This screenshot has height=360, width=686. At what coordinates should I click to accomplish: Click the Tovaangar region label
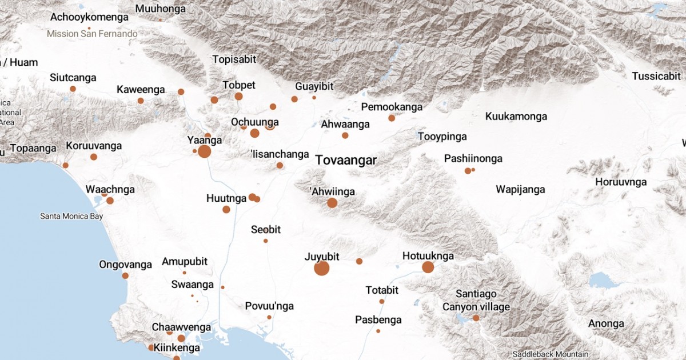346,161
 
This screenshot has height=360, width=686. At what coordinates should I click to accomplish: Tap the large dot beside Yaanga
204,151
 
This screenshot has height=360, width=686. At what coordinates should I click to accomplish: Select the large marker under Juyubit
322,268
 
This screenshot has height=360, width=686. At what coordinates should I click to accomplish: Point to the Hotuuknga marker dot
428,267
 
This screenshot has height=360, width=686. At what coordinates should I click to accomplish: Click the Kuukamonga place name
516,117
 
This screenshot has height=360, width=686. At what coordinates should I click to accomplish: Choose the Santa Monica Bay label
71,217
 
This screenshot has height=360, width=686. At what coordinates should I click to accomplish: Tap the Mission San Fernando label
92,34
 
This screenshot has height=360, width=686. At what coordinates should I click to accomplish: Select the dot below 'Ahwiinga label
332,203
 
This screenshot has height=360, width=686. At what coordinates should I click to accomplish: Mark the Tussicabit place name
656,76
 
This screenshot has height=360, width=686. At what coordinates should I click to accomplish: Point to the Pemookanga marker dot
392,118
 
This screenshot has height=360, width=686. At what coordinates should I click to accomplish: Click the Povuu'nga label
269,306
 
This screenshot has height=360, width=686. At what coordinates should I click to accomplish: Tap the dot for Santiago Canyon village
476,318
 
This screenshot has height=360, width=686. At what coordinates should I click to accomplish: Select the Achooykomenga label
89,17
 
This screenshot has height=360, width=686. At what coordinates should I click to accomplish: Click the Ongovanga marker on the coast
125,275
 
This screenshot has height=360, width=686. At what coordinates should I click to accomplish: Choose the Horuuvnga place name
621,182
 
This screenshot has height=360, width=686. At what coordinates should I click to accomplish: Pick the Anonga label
607,324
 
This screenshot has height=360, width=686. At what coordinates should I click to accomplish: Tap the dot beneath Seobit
265,241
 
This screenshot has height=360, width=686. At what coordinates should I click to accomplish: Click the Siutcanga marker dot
73,89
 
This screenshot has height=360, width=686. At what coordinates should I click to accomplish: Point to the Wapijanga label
520,190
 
